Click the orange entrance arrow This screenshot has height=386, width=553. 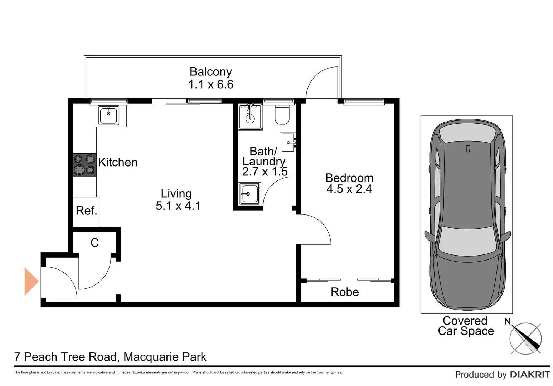click(x=31, y=282)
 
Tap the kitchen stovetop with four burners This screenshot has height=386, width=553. click(x=85, y=165)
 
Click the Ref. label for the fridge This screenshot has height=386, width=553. click(x=87, y=211)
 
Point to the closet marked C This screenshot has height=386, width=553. click(x=94, y=243)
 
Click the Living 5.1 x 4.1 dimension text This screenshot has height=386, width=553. click(x=178, y=206)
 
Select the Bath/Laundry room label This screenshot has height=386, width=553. click(x=264, y=156)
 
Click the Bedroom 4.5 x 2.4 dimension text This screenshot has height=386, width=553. click(x=349, y=189)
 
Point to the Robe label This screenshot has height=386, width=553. click(x=345, y=292)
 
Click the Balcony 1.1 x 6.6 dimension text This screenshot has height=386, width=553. click(x=211, y=84)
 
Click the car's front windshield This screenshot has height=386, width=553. click(x=468, y=241)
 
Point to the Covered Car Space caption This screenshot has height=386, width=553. click(x=466, y=326)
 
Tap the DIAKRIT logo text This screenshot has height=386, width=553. click(x=530, y=374)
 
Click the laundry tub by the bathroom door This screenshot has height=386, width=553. click(x=249, y=194)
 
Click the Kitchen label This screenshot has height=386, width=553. click(x=118, y=162)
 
